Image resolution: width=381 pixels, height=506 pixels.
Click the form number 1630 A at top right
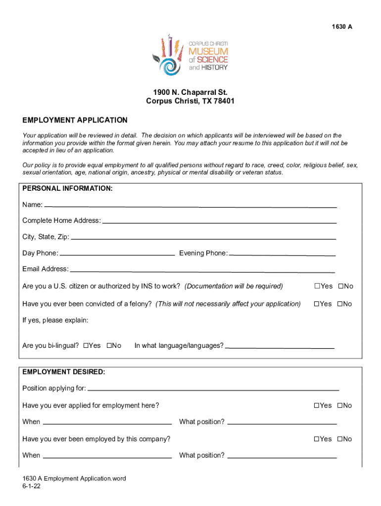tap(342, 27)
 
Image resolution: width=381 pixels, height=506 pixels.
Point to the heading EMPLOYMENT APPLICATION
tap(75, 120)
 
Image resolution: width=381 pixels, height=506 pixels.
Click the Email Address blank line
tap(202, 270)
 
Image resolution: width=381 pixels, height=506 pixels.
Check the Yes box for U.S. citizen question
tap(317, 287)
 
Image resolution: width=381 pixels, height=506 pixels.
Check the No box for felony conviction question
tap(340, 304)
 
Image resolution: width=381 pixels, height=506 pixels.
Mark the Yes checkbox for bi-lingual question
tap(86, 345)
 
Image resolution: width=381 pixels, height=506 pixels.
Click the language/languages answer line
tap(280, 347)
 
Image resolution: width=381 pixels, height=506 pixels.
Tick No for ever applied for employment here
tap(340, 406)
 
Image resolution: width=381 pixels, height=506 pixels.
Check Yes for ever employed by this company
tap(317, 439)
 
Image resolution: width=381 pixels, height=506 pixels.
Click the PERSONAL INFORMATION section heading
tap(67, 189)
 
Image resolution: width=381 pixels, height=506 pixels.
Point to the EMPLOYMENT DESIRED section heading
tap(63, 372)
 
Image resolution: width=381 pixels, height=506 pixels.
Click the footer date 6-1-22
tap(31, 486)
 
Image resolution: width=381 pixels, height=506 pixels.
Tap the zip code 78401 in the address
tap(225, 101)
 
